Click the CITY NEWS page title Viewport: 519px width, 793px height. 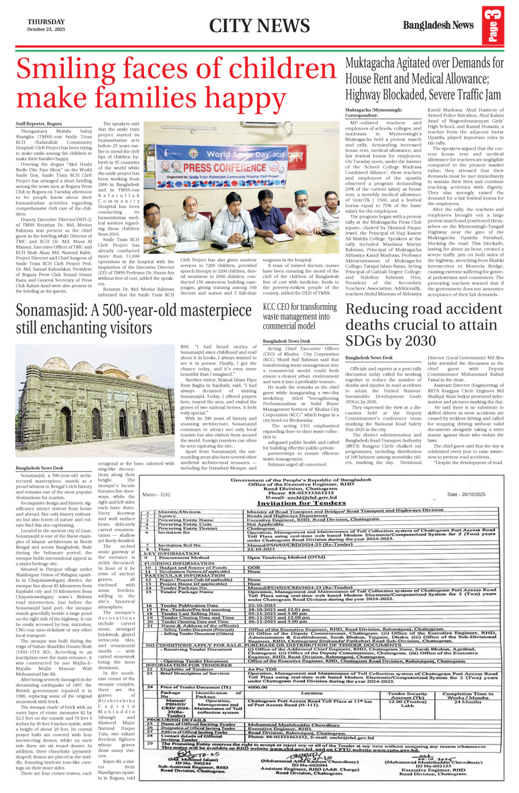pos(259,25)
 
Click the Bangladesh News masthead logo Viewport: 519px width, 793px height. pos(438,25)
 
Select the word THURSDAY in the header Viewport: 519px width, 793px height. pos(46,21)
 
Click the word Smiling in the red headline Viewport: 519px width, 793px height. pos(80,70)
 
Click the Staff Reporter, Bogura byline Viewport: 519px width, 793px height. pos(39,124)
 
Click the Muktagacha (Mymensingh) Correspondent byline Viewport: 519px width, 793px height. pos(374,113)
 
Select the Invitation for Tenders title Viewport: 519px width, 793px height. pos(305,503)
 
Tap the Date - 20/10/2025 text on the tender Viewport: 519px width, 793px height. pos(466,495)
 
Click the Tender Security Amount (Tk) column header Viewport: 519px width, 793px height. pos(408,695)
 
